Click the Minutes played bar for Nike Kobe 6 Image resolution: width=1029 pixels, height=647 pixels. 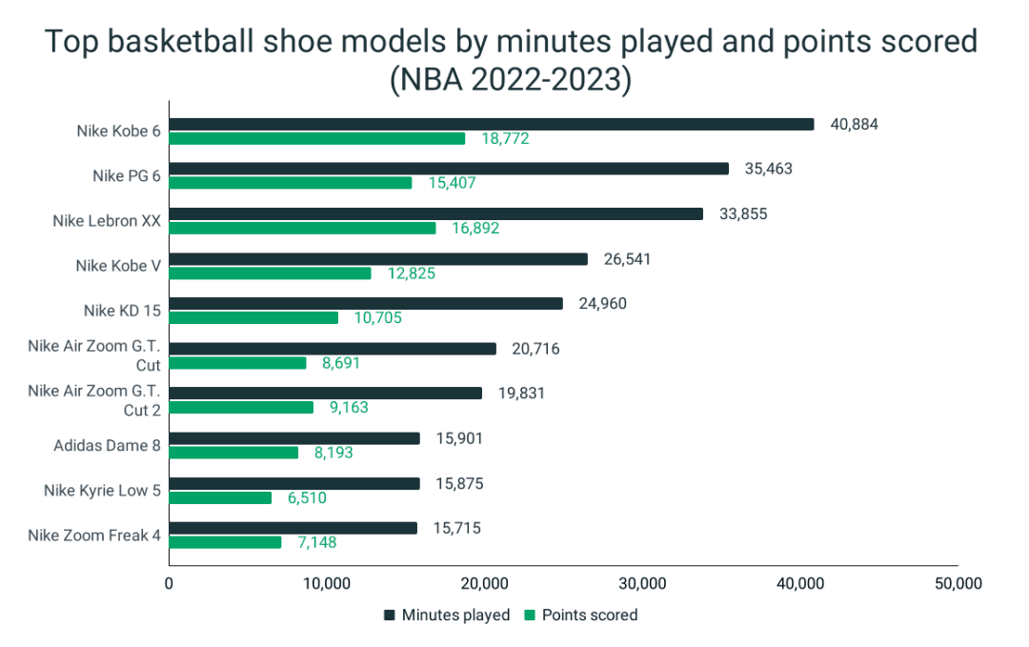[492, 124]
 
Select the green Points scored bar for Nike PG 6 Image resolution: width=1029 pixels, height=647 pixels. [291, 183]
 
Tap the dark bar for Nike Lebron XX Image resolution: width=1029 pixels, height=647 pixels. [436, 213]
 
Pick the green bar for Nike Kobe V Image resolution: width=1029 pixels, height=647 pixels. [271, 273]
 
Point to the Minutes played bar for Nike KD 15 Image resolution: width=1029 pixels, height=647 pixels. [366, 303]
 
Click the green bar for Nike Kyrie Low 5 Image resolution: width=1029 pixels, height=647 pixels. [220, 497]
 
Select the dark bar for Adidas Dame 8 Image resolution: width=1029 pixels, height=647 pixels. [294, 438]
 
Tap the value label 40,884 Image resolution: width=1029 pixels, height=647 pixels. [853, 124]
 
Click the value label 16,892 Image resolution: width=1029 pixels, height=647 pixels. [474, 229]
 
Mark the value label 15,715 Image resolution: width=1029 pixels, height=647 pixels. [458, 528]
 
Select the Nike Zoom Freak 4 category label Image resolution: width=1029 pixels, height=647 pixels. [94, 535]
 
